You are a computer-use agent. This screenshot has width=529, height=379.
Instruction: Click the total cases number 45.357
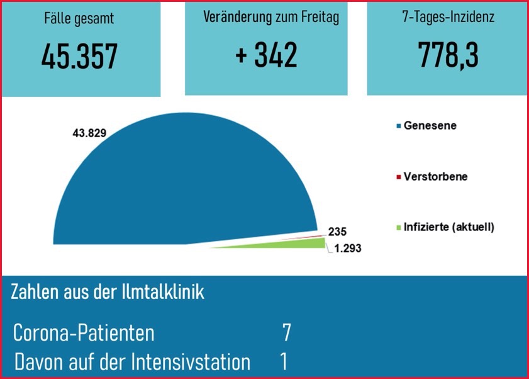tap(79, 57)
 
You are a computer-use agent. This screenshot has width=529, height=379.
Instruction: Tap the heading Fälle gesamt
tap(79, 19)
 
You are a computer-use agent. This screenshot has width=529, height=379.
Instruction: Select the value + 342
tap(266, 55)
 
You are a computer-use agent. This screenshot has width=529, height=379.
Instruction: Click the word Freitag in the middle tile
tap(316, 17)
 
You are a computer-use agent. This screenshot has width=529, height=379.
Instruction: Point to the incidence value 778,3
tap(448, 55)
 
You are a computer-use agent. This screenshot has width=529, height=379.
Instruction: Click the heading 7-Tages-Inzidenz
tap(448, 17)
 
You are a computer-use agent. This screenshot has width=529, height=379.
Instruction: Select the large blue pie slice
tap(182, 183)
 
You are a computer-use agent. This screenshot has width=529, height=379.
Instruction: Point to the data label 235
tap(337, 231)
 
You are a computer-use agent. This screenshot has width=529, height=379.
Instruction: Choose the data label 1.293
tap(347, 248)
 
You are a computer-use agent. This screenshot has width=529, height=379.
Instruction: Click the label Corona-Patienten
tap(84, 333)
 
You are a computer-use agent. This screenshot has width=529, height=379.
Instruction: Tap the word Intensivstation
tap(191, 361)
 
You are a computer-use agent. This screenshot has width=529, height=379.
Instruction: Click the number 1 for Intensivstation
tap(284, 361)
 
